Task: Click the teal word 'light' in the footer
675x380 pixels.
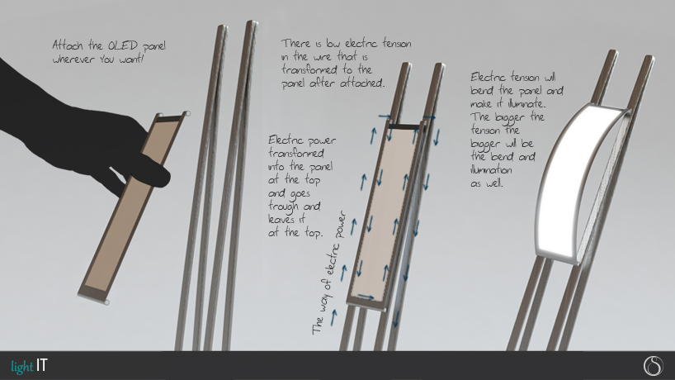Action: pos(22,367)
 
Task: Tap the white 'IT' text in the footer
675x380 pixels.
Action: pos(42,365)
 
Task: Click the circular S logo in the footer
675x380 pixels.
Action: pos(653,366)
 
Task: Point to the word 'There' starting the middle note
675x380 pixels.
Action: pos(296,44)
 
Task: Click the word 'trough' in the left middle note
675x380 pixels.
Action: pos(284,207)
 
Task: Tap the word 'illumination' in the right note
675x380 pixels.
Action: pos(491,169)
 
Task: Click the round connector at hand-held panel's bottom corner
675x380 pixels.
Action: pos(106,302)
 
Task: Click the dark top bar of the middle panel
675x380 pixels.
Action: pos(404,126)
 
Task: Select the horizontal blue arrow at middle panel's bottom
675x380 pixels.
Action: pos(366,297)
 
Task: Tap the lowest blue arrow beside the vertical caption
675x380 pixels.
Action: pos(333,317)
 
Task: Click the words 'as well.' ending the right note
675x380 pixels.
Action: pos(487,183)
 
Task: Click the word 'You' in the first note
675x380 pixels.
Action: pos(106,59)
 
